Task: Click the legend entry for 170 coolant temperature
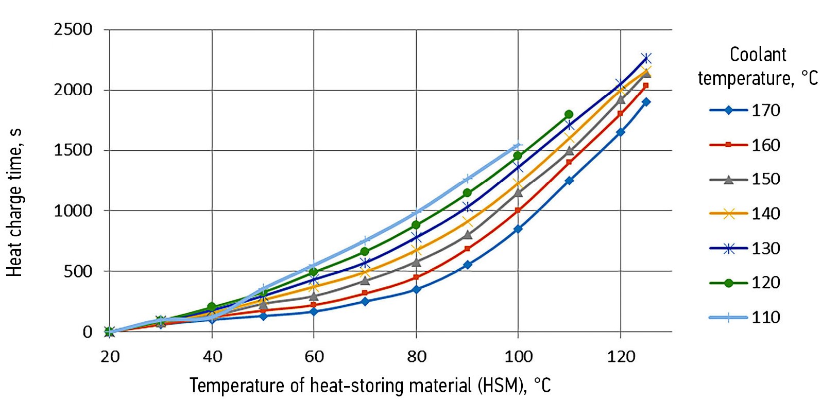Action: [745, 110]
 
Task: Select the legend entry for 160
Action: [745, 145]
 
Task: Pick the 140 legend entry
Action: [745, 214]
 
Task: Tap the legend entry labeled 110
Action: [745, 317]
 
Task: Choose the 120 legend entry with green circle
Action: [745, 283]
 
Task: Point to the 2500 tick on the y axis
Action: [73, 29]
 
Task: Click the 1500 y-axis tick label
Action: [73, 150]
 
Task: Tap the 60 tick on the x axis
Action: [314, 356]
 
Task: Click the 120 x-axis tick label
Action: [621, 356]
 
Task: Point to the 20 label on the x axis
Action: [110, 356]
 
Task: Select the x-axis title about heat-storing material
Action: [370, 386]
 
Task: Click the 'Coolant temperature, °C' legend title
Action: [758, 66]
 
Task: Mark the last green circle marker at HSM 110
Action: [569, 114]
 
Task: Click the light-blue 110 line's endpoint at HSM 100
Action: [518, 146]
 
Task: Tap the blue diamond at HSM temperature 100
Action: [518, 229]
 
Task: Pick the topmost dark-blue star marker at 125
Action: [646, 58]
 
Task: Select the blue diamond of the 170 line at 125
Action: [646, 102]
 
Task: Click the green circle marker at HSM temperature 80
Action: [416, 225]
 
